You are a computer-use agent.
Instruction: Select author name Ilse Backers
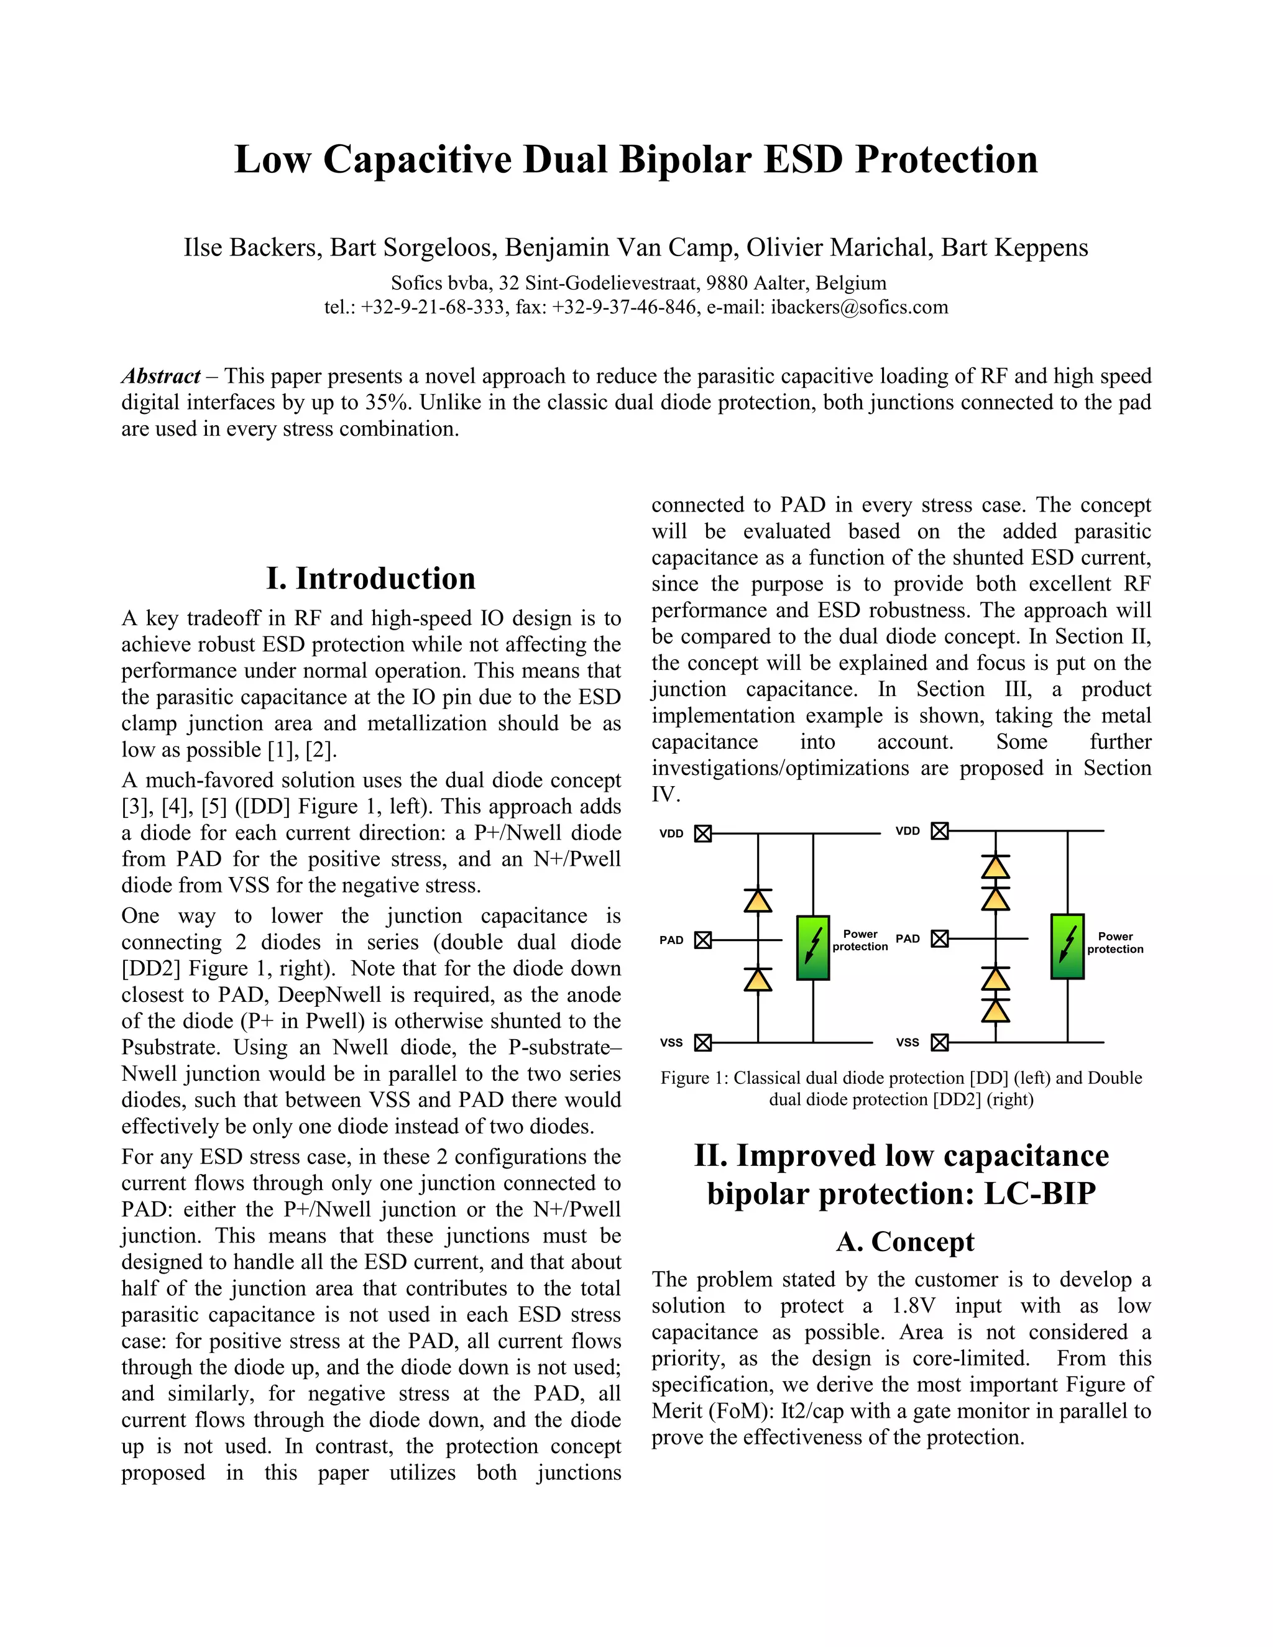(251, 247)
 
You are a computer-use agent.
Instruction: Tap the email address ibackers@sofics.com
(859, 307)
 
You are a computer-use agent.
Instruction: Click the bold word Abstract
(160, 375)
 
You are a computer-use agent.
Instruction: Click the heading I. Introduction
(370, 579)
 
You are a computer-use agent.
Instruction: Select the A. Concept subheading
(904, 1241)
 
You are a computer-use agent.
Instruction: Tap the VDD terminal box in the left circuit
(703, 834)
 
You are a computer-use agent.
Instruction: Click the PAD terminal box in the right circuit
(940, 939)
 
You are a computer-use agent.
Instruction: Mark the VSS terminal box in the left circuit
(703, 1043)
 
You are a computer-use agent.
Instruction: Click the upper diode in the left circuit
(758, 901)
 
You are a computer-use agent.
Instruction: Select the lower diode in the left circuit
(758, 979)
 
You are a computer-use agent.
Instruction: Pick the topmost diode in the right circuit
(996, 867)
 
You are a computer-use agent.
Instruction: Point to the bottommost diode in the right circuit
(996, 1010)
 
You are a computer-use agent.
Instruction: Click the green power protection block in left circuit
(813, 948)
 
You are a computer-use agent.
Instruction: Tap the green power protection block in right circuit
(1067, 947)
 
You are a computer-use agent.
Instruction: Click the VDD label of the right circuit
(908, 831)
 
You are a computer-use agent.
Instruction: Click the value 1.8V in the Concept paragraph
(914, 1305)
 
